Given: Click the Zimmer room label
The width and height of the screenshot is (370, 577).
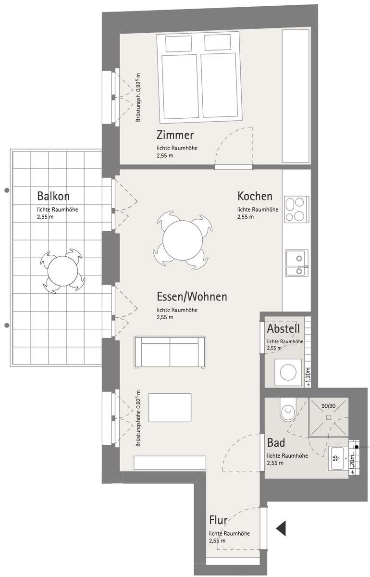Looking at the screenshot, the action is tap(175, 135).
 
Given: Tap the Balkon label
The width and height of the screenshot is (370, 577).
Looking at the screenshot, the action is tap(53, 196).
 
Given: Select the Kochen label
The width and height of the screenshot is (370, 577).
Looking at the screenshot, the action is tap(255, 196).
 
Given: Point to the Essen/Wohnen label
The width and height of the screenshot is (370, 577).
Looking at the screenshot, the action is tap(192, 297).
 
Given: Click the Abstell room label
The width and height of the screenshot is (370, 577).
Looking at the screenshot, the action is tap(283, 328).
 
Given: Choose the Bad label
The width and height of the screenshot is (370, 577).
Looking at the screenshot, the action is tap(276, 442).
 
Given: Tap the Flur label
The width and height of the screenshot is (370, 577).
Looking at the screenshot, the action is tap(218, 520).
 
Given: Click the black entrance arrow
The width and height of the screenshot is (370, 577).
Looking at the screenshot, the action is tap(281, 528).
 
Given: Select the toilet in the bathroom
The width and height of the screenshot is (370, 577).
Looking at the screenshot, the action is tap(288, 409).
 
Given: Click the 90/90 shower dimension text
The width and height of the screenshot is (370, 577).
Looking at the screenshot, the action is tap(329, 406).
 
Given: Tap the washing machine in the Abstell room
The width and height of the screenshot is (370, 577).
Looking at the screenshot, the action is tap(288, 373).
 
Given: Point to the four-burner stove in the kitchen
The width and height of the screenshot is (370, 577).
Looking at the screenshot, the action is tap(296, 210).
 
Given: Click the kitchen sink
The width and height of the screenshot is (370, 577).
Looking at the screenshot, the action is tap(296, 263).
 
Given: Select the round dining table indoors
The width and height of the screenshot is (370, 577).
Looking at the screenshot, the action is tap(183, 240).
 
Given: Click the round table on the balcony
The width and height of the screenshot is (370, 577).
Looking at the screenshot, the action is tap(62, 271).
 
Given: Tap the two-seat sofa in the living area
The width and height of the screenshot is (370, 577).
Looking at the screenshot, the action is tap(170, 352).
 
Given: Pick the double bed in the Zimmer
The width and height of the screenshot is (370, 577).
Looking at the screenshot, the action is tap(199, 77).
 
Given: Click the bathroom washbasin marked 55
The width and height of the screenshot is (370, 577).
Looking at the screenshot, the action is tap(337, 458).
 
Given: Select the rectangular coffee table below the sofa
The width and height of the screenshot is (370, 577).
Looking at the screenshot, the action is tap(170, 408).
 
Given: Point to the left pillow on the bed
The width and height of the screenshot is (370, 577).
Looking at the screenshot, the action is tap(179, 44).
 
